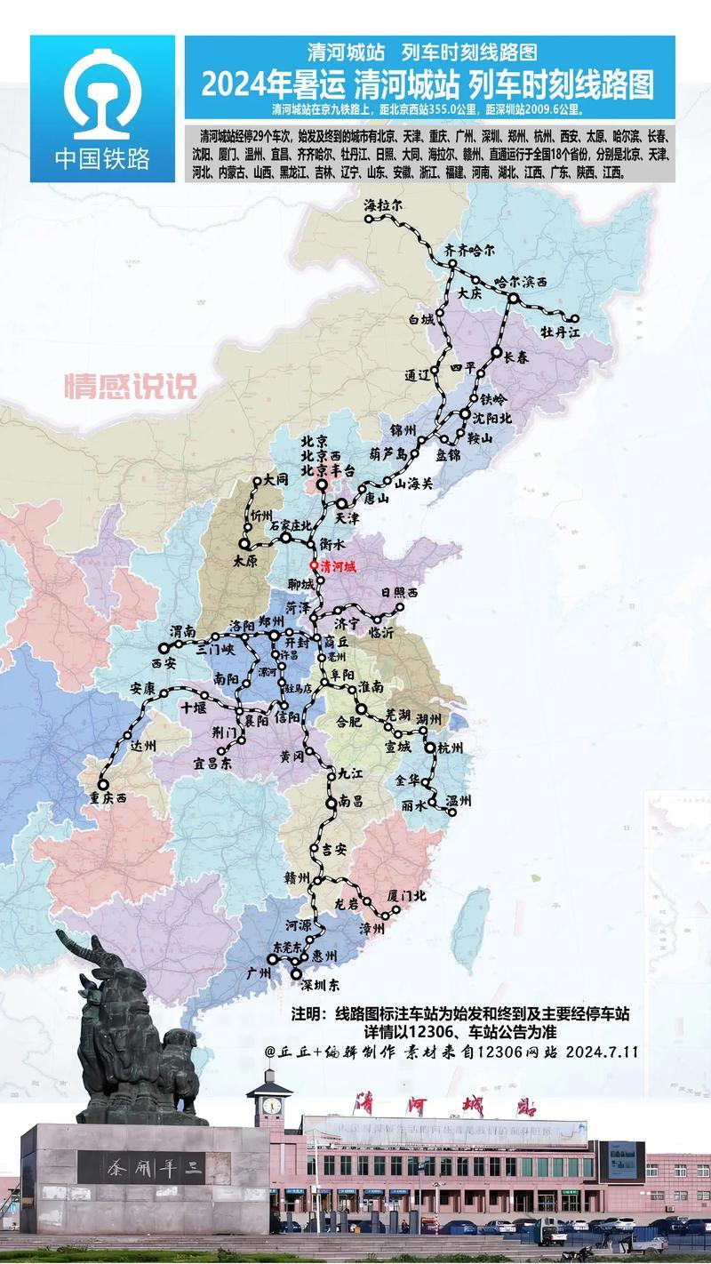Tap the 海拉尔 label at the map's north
[x=384, y=204]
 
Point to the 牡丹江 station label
[x=560, y=332]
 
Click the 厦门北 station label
[x=407, y=896]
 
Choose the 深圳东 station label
[x=321, y=986]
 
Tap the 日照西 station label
[x=399, y=592]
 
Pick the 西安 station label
[x=164, y=662]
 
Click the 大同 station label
[x=276, y=478]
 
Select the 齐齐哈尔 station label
[x=469, y=250]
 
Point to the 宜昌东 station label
[x=212, y=763]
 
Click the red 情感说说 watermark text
[x=130, y=386]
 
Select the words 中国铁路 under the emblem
[x=102, y=158]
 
